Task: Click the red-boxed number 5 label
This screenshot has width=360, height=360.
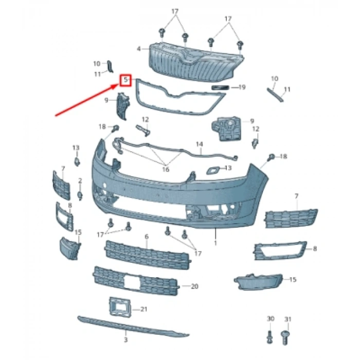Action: (x=125, y=80)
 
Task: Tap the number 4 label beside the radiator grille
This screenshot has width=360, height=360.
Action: (x=139, y=49)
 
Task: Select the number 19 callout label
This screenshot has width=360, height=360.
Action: (x=242, y=87)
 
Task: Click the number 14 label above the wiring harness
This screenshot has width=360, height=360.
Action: (x=200, y=144)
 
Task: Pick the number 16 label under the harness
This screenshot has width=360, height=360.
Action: (x=166, y=169)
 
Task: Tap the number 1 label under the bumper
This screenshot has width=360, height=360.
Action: (x=215, y=242)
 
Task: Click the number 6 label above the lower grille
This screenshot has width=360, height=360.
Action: (x=147, y=236)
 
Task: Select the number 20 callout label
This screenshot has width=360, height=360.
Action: (x=194, y=286)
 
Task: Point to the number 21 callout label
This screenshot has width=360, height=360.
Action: (x=143, y=309)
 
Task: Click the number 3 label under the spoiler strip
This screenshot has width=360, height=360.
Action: (x=125, y=340)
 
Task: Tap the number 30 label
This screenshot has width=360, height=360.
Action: (x=271, y=319)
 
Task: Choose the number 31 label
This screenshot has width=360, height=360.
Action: (x=287, y=319)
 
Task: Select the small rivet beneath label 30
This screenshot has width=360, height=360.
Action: (x=270, y=337)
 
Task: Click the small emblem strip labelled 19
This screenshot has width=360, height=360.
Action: (x=220, y=87)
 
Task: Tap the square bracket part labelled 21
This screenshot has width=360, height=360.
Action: (x=119, y=307)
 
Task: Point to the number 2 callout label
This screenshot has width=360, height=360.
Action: (x=80, y=181)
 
